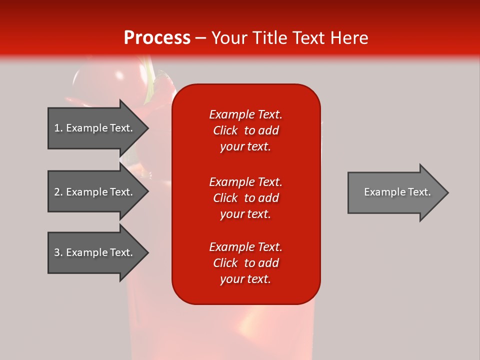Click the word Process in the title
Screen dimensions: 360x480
[157, 37]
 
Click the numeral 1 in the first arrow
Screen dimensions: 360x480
[57, 128]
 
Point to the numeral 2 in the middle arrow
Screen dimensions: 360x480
[57, 192]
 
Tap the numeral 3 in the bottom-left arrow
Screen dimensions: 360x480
[57, 252]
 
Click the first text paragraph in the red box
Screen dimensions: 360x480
[245, 130]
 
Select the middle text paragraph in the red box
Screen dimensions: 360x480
[245, 197]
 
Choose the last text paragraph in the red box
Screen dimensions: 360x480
[245, 263]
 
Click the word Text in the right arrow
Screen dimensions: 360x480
[419, 192]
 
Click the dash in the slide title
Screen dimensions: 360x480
[200, 38]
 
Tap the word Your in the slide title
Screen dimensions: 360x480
[228, 37]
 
